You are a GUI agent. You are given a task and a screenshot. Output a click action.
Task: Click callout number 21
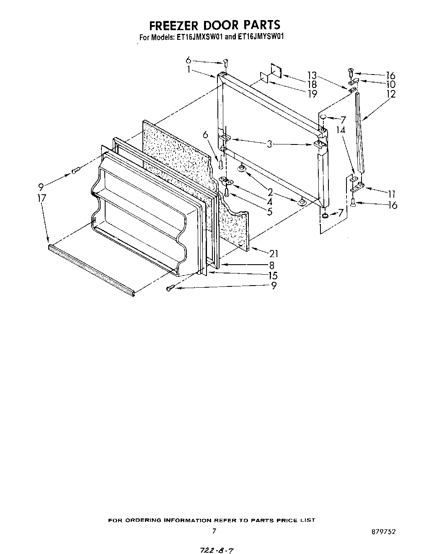pyautogui.click(x=274, y=253)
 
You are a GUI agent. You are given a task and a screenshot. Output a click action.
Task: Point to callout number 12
pyautogui.click(x=390, y=94)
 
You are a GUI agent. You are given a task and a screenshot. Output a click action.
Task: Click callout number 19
pyautogui.click(x=312, y=94)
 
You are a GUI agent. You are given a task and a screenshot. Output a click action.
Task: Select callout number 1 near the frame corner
pyautogui.click(x=189, y=70)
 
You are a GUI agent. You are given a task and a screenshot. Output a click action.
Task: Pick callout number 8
pyautogui.click(x=271, y=265)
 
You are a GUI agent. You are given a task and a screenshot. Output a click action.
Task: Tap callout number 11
pyautogui.click(x=391, y=193)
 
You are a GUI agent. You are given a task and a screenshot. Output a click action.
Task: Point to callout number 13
pyautogui.click(x=312, y=75)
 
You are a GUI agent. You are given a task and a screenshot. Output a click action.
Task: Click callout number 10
pyautogui.click(x=390, y=84)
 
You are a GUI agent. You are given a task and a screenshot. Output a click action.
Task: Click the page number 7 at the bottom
pyautogui.click(x=214, y=531)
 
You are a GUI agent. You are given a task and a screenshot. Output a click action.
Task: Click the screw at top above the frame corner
pyautogui.click(x=225, y=63)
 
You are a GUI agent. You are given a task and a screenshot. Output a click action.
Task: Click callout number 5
pyautogui.click(x=270, y=211)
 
